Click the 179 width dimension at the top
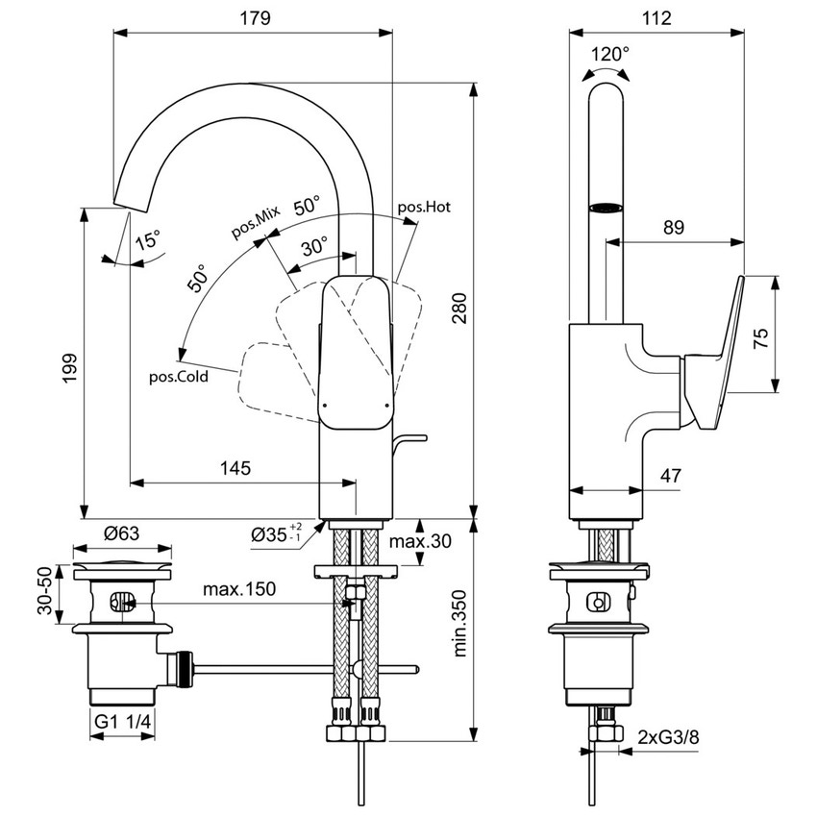254,17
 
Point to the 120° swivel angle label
609,55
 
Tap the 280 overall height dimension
460,308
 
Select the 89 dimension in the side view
673,227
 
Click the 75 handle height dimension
760,336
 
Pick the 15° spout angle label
148,240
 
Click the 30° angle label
315,247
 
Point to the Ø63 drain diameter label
123,533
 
